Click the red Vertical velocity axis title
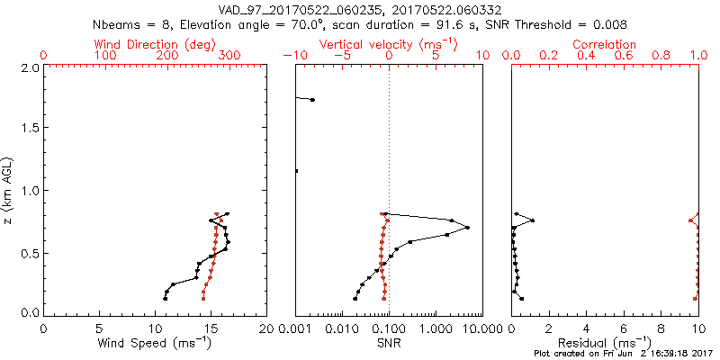(x=389, y=43)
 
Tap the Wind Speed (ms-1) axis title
(x=155, y=342)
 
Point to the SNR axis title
(x=389, y=342)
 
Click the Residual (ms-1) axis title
(x=605, y=342)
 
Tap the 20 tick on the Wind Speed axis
(x=266, y=328)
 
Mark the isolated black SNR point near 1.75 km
(x=312, y=100)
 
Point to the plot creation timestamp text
(x=620, y=354)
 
